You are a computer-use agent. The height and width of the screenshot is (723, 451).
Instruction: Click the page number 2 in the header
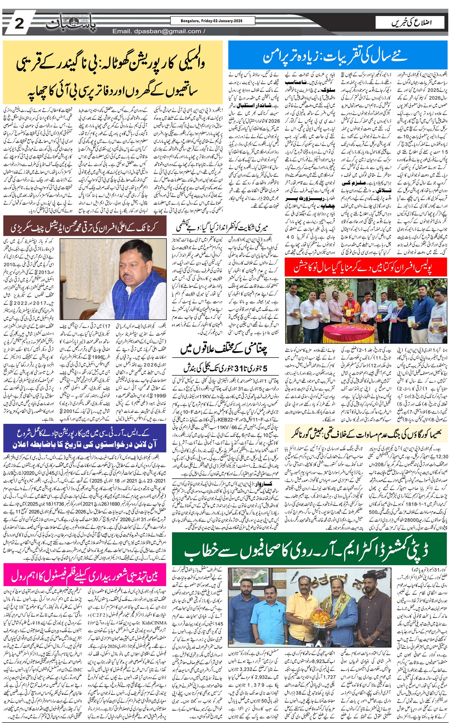point(19,23)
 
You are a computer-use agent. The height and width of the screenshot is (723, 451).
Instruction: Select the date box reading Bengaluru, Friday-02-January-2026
point(213,21)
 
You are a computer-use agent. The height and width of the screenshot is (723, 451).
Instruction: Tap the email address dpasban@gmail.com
point(157,31)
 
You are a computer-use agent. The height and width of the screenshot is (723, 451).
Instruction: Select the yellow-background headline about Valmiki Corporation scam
point(113,73)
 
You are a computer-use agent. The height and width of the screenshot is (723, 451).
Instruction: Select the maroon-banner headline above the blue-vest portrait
point(85,228)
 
